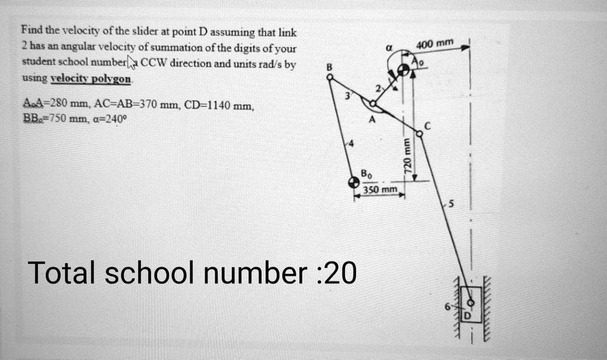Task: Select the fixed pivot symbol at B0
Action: (354, 182)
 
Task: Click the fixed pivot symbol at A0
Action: (404, 70)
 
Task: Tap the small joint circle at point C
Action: (420, 135)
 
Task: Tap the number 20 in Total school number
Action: (340, 273)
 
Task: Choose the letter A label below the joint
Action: (372, 118)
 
